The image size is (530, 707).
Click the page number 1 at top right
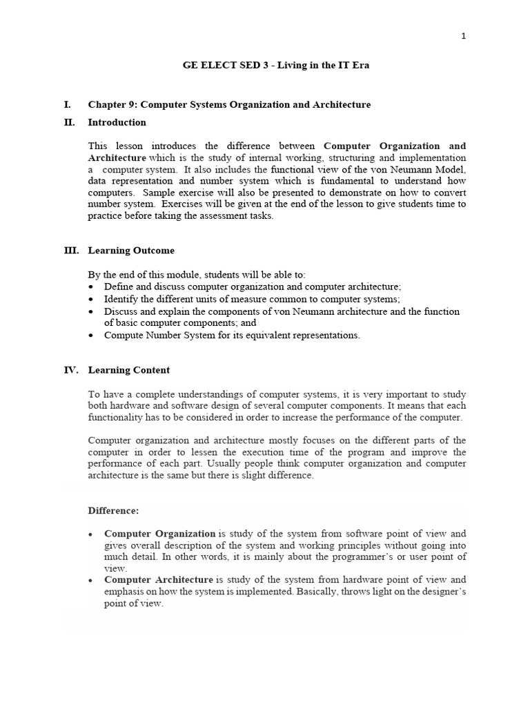[464, 37]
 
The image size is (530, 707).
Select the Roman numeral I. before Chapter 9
[67, 105]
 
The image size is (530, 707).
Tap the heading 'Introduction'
[117, 122]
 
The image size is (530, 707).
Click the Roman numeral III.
[71, 251]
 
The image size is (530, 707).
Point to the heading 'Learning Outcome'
[131, 251]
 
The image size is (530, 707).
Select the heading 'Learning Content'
[128, 370]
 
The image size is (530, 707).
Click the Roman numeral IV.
[71, 370]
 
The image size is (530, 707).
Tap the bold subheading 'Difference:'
[113, 511]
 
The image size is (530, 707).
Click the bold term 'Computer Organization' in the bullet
[159, 534]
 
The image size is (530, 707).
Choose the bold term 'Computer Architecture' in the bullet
[159, 580]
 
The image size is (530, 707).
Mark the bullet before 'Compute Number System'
[92, 336]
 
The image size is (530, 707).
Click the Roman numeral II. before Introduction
[69, 122]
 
